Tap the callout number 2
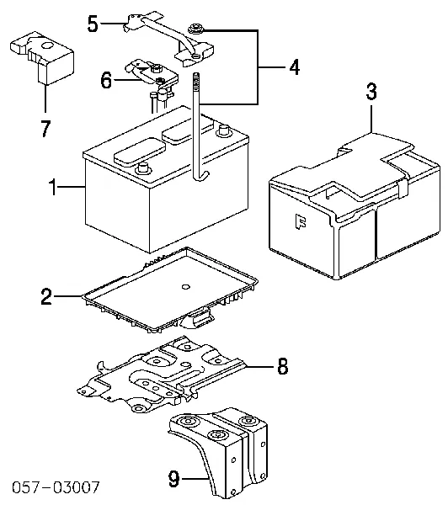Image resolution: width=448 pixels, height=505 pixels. pyautogui.click(x=47, y=296)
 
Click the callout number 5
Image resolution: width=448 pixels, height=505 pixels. pyautogui.click(x=94, y=24)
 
